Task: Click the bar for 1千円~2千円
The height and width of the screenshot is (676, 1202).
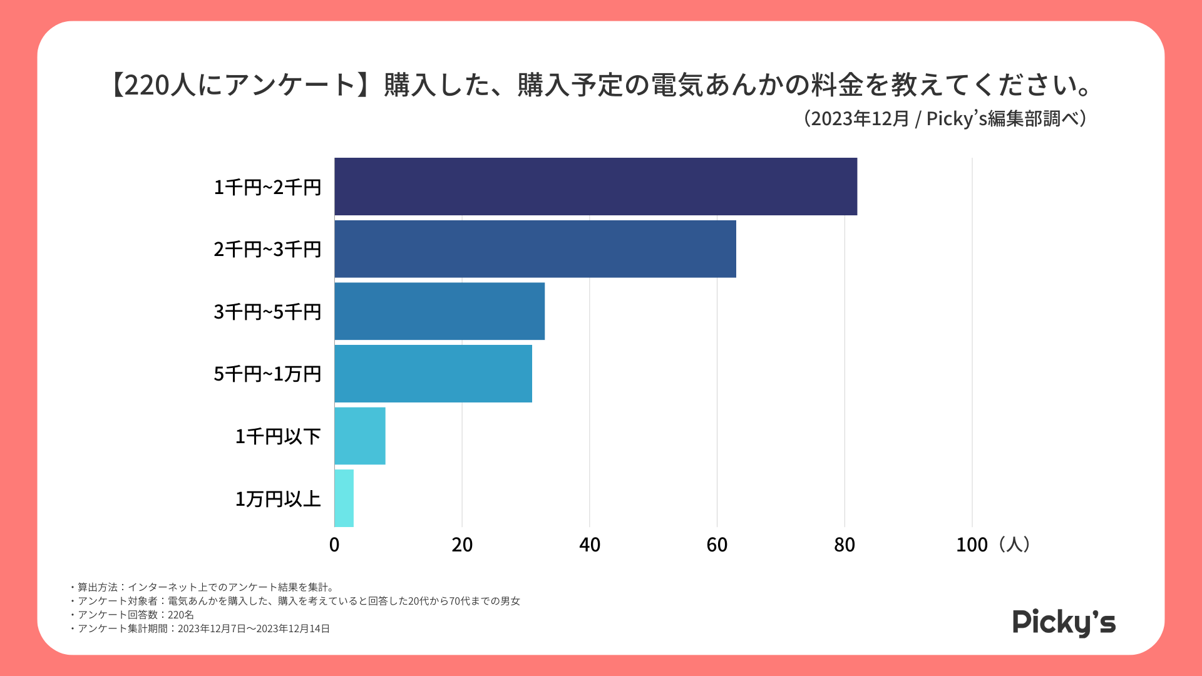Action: coord(595,187)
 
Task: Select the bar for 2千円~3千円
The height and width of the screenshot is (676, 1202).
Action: coord(535,248)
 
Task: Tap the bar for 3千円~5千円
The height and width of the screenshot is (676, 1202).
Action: coord(439,311)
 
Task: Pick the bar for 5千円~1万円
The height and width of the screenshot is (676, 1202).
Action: coord(433,374)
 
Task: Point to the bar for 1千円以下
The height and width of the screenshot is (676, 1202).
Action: coord(360,436)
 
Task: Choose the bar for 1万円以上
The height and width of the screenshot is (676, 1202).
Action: coord(344,498)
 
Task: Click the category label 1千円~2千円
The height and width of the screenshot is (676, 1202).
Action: coord(267,187)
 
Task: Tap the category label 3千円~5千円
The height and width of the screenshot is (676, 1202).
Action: coord(267,312)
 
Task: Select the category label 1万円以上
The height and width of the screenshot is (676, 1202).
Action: coord(278,499)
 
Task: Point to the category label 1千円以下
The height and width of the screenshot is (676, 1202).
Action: coord(278,436)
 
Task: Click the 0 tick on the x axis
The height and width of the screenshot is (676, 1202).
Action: coord(334,545)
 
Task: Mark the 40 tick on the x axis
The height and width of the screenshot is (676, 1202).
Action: coord(590,545)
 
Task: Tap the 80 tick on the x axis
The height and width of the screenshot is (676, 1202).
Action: coord(845,545)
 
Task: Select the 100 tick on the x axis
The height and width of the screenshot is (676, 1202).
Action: coord(972,545)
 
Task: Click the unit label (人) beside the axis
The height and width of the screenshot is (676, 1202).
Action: coord(1014,545)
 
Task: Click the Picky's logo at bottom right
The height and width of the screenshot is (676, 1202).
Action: coord(1064,623)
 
